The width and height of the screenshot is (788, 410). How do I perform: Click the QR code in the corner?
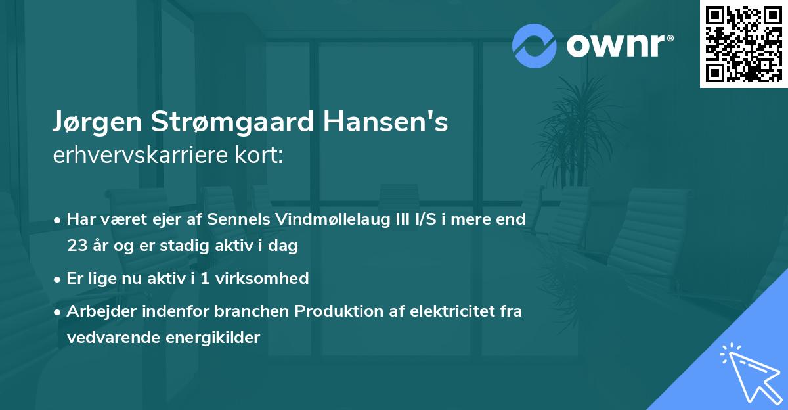[x=743, y=44]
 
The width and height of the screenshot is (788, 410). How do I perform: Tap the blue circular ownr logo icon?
[x=535, y=45]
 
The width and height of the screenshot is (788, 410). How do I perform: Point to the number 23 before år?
[x=77, y=246]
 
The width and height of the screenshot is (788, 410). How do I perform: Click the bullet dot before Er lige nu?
[x=58, y=279]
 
